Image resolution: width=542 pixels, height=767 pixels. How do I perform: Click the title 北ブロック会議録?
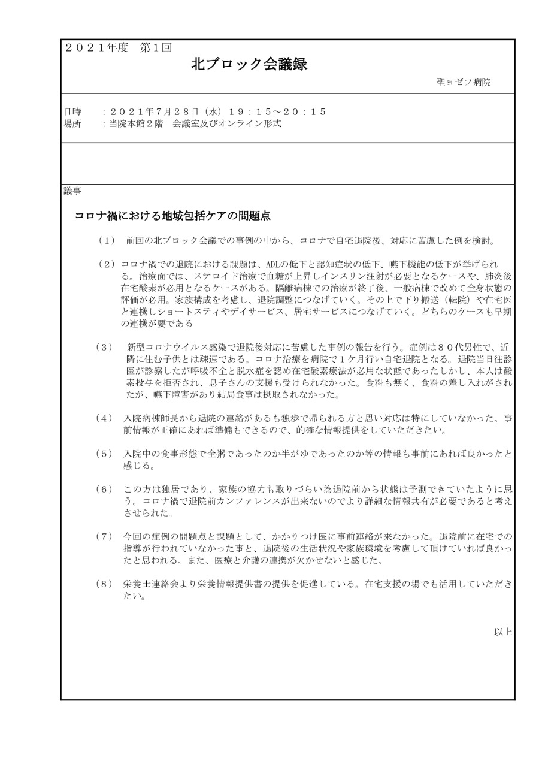[x=249, y=65]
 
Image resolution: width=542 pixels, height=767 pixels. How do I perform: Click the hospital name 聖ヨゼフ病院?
[x=464, y=83]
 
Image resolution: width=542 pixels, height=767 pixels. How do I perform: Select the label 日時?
[x=72, y=112]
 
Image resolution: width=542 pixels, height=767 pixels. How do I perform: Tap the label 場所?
[x=72, y=124]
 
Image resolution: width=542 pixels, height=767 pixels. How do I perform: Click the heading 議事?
[x=72, y=192]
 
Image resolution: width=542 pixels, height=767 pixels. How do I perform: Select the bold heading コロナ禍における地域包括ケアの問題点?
[x=174, y=215]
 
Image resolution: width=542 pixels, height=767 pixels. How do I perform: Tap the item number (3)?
[x=104, y=348]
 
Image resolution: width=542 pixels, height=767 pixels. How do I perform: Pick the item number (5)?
[x=104, y=454]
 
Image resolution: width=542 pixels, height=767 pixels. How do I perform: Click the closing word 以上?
[x=502, y=632]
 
